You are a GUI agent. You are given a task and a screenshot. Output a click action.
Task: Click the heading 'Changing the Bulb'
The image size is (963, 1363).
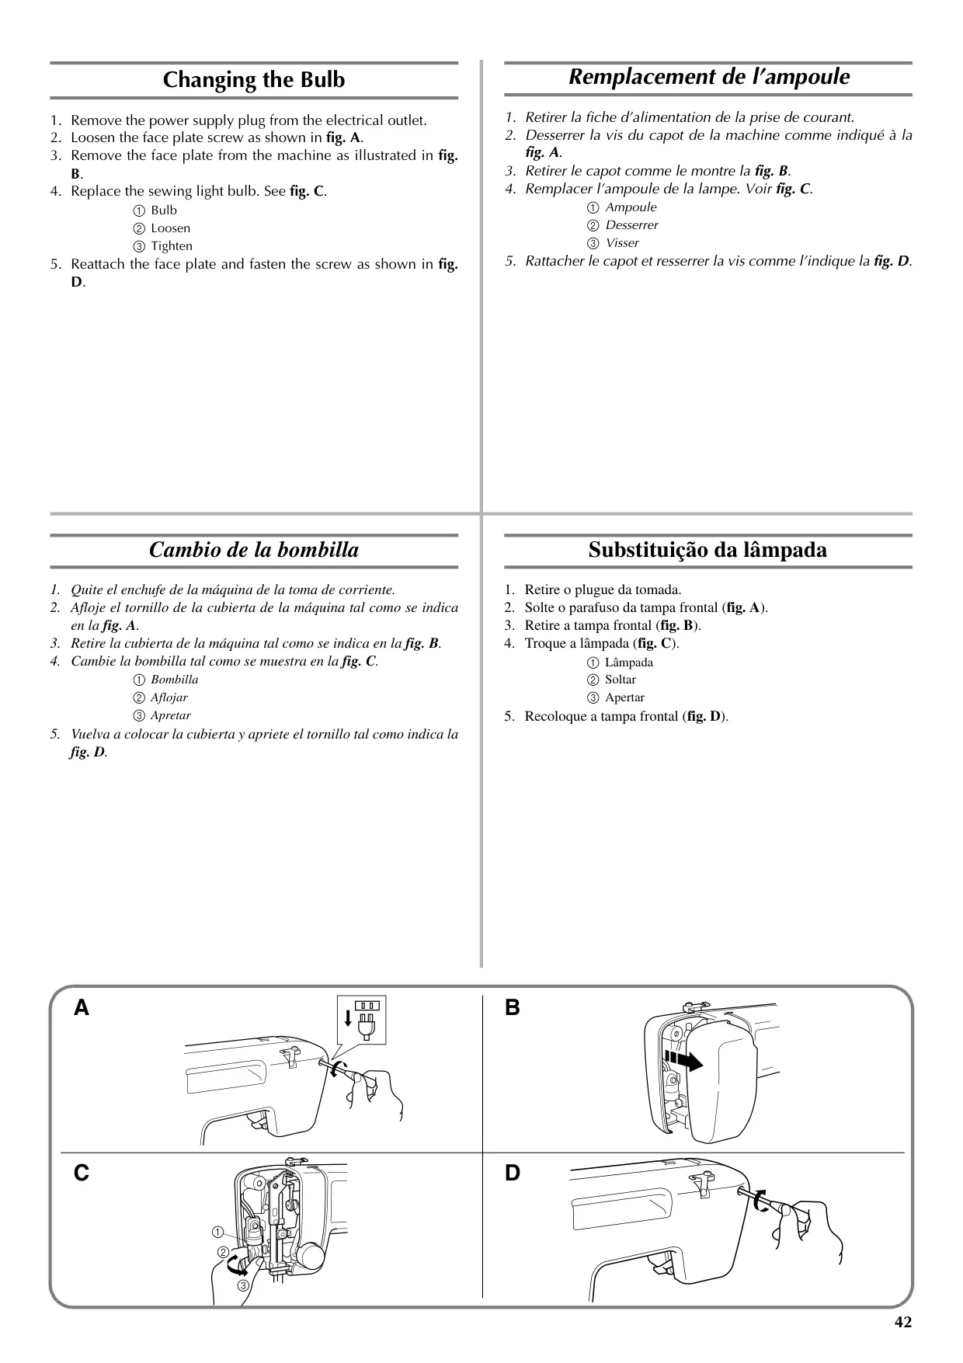pos(254,80)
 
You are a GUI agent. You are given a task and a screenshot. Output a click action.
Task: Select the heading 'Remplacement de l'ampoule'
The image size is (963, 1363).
pos(709,77)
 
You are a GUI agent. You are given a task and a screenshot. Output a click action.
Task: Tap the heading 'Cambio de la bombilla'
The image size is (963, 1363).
pos(254,550)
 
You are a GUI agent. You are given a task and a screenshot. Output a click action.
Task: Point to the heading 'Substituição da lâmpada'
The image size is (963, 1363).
pos(707,550)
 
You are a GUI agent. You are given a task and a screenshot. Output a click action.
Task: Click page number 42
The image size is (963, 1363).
pos(903,1322)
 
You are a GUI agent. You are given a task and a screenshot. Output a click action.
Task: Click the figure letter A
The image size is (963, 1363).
pos(82,1008)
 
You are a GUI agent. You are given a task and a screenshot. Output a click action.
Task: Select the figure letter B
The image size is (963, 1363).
pos(513,1008)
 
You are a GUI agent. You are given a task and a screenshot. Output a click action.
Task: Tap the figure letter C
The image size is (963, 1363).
pos(82,1173)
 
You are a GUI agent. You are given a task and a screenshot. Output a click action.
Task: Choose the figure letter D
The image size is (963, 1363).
pos(513,1173)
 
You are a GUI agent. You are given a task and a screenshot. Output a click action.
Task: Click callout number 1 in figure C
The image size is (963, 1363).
pos(217,1233)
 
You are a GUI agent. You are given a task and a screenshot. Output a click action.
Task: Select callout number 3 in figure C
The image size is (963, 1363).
pos(243,1286)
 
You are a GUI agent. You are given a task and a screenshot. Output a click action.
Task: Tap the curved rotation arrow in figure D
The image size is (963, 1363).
pos(758,1201)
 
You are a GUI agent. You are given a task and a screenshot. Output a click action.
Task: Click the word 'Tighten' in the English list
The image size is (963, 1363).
pos(172,246)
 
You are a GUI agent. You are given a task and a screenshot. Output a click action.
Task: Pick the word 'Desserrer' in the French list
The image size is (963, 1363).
pos(632,225)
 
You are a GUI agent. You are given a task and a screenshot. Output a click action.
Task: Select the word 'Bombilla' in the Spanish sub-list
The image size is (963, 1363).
pos(175,680)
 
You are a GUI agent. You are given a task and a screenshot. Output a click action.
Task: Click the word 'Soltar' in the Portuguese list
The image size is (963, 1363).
pos(621,680)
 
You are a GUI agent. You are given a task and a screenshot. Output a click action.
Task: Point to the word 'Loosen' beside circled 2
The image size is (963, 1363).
pos(171,228)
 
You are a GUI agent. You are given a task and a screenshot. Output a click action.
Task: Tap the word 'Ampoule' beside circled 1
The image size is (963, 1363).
pos(631,207)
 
